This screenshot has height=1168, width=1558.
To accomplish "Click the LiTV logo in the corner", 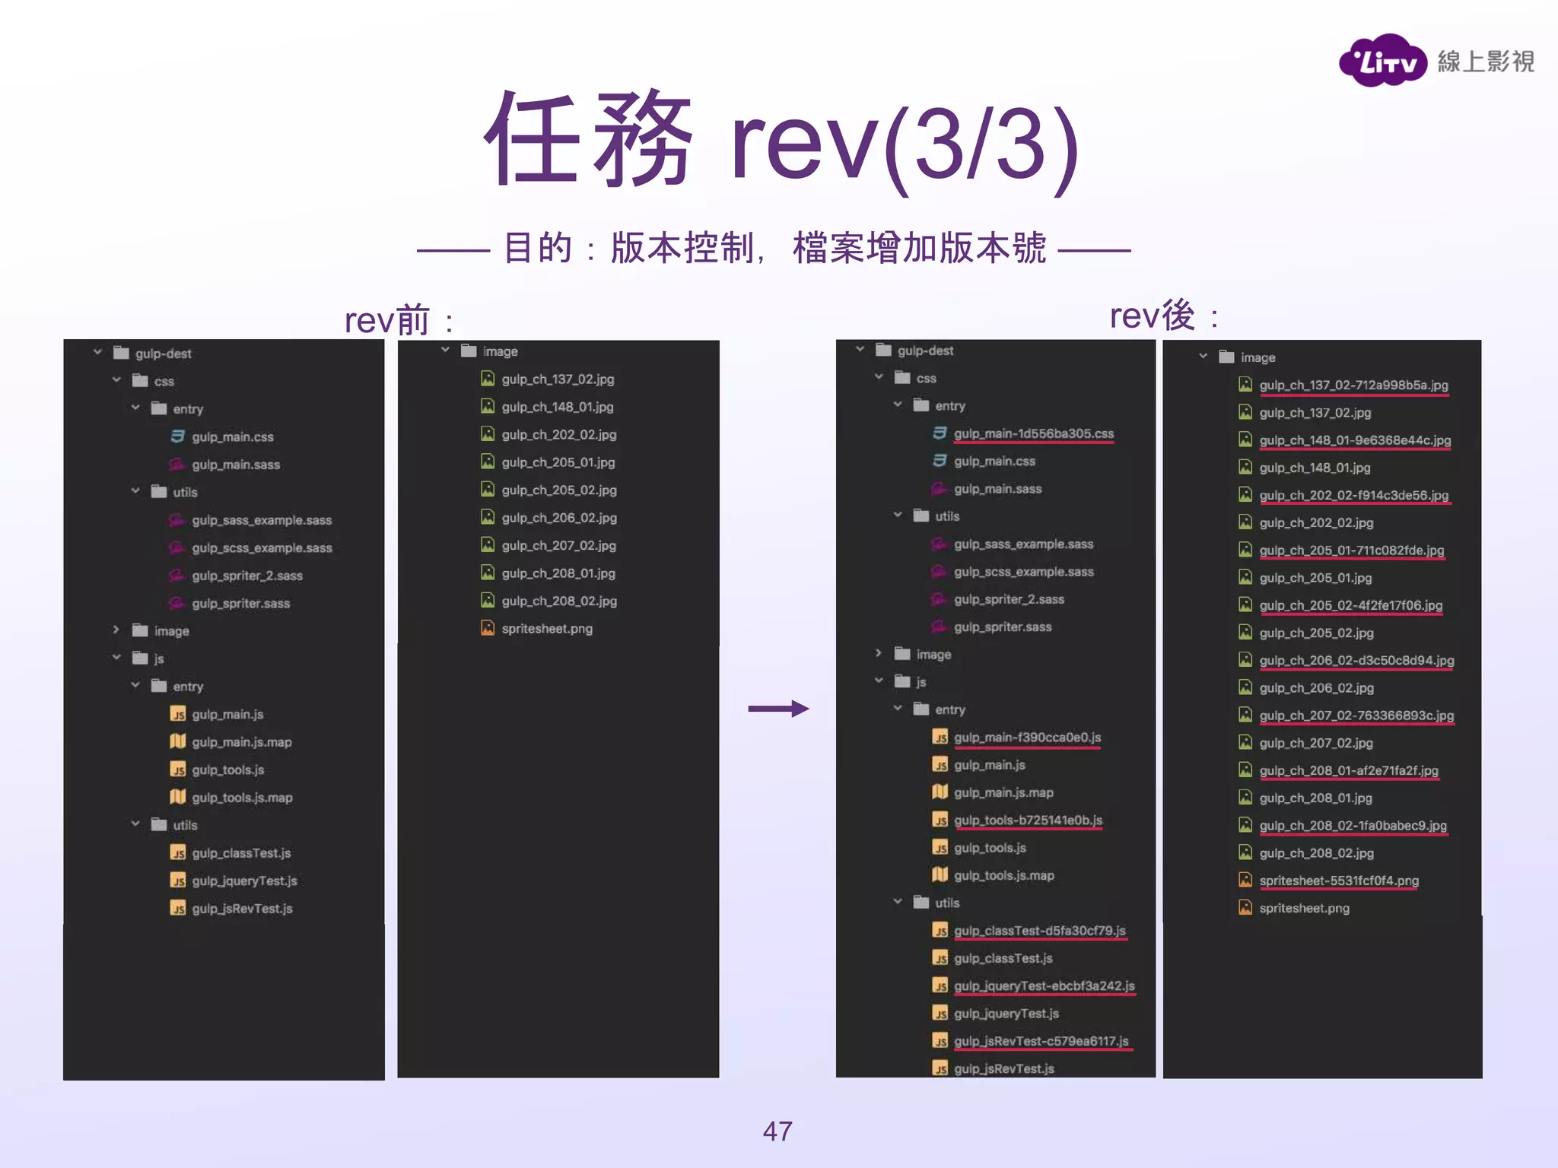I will coord(1382,61).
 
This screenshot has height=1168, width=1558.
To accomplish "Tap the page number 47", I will coord(777,1131).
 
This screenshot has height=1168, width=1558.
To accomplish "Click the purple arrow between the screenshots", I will coord(778,709).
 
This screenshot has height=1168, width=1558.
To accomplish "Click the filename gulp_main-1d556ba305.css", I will coord(1033,433).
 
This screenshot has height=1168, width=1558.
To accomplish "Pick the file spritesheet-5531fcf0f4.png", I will coord(1338,881).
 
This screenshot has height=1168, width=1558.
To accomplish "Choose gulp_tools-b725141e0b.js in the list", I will coord(1028,820).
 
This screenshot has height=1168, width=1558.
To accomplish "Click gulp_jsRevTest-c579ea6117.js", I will coord(1041,1041).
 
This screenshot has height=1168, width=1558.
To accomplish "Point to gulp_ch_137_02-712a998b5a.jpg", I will coord(1353,385).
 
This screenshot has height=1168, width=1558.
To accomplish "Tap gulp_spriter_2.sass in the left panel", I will coord(246,576).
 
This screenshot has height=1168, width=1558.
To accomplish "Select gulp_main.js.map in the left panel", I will coord(241,741).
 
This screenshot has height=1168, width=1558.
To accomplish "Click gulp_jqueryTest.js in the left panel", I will coord(244,881).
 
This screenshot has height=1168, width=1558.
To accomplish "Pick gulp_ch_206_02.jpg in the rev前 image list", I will coord(558,518).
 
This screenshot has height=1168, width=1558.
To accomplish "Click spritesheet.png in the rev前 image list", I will coord(546,628).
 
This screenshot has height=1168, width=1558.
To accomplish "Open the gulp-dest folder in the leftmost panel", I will coord(163,354).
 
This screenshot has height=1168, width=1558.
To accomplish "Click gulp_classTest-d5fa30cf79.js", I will coord(1039,931).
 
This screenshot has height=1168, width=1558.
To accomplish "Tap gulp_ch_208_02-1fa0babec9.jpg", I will coord(1353,825).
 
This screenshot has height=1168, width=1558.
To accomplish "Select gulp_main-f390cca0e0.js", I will coord(1027,737).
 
